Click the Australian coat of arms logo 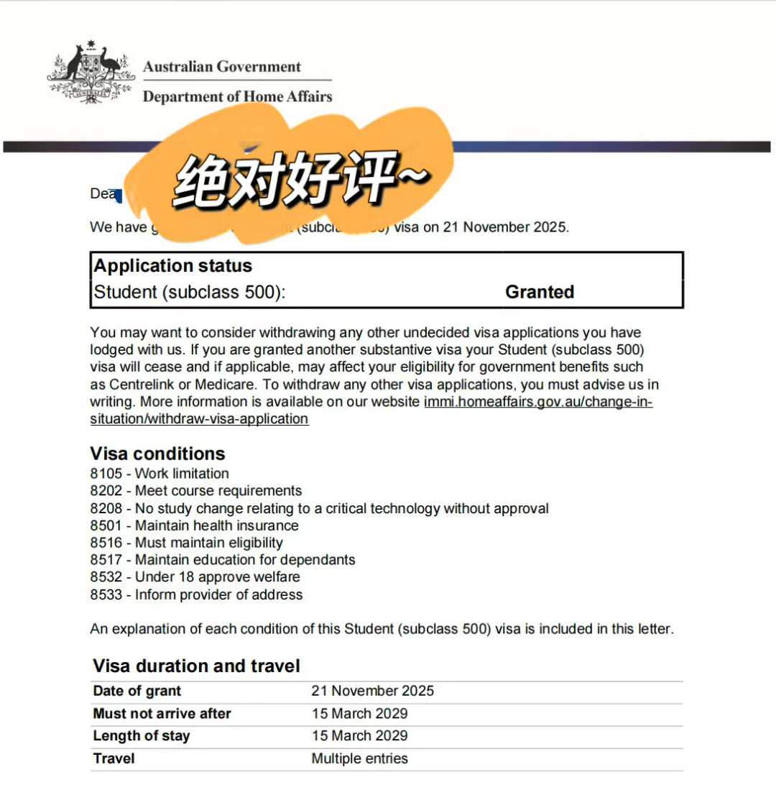[x=91, y=74]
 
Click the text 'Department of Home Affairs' [x=237, y=96]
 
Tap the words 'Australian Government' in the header [x=221, y=67]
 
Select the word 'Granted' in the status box [x=539, y=292]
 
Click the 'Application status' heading [x=172, y=266]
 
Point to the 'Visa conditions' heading [x=157, y=454]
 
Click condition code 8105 [x=106, y=474]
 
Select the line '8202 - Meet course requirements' [x=195, y=491]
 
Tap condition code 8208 [x=106, y=508]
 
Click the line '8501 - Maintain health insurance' [x=194, y=525]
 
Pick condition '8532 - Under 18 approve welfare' [x=195, y=577]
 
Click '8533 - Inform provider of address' [x=196, y=595]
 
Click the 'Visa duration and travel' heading [x=196, y=666]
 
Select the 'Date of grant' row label [x=137, y=691]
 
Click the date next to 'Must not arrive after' [x=359, y=714]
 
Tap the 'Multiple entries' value [x=359, y=758]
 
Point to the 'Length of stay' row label [x=141, y=736]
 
